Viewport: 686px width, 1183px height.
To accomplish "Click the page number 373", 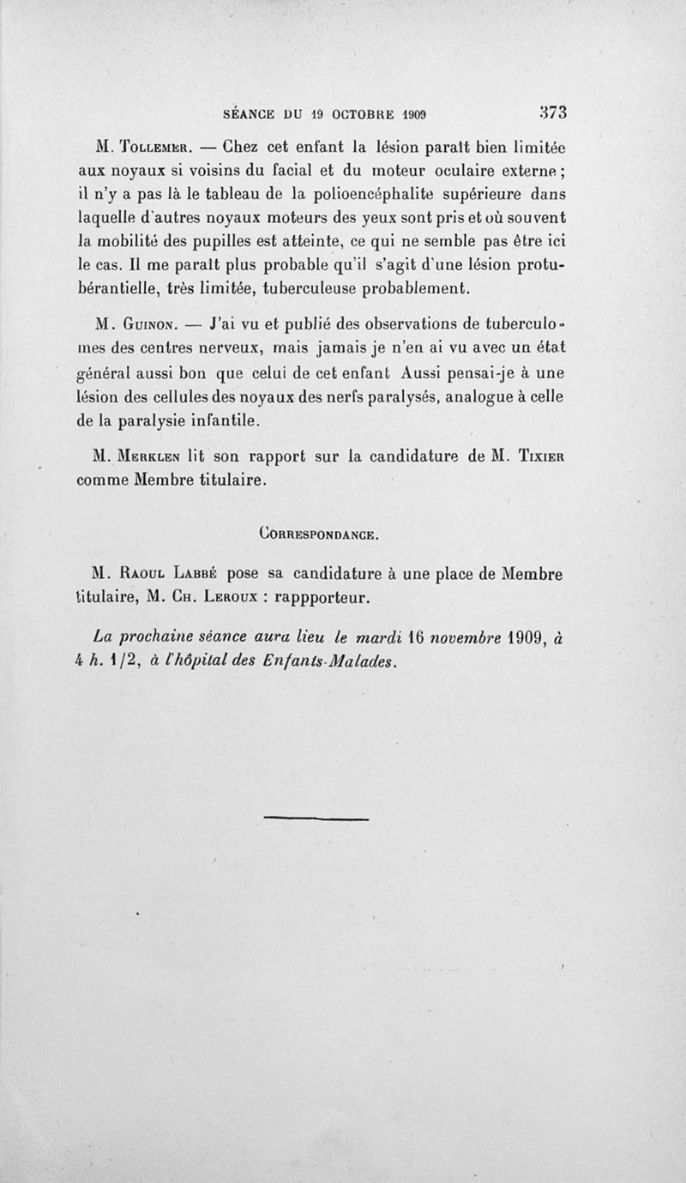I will (x=554, y=112).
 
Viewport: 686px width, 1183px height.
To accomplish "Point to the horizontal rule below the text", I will (x=316, y=818).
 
